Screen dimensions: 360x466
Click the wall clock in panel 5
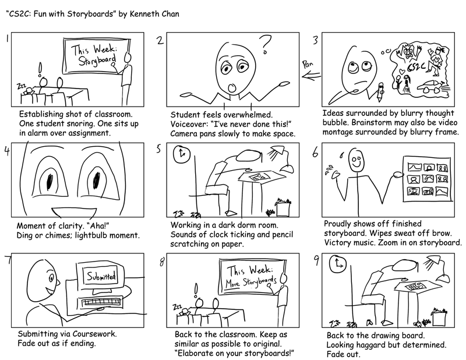pyautogui.click(x=182, y=153)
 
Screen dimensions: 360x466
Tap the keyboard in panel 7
pyautogui.click(x=106, y=303)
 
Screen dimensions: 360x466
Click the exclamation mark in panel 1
pyautogui.click(x=40, y=69)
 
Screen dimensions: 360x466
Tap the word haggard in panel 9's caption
pyautogui.click(x=373, y=345)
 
